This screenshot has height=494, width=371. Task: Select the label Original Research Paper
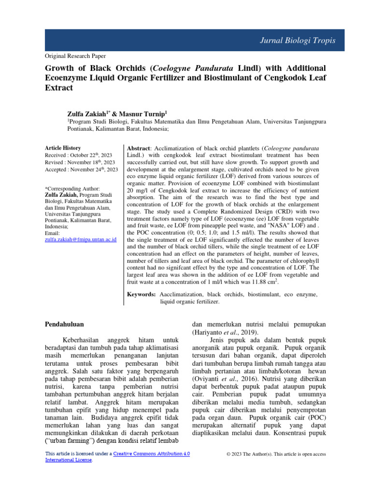click(x=75, y=56)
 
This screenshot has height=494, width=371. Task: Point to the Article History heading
click(x=63, y=148)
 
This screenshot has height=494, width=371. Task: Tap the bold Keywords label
click(x=141, y=294)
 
